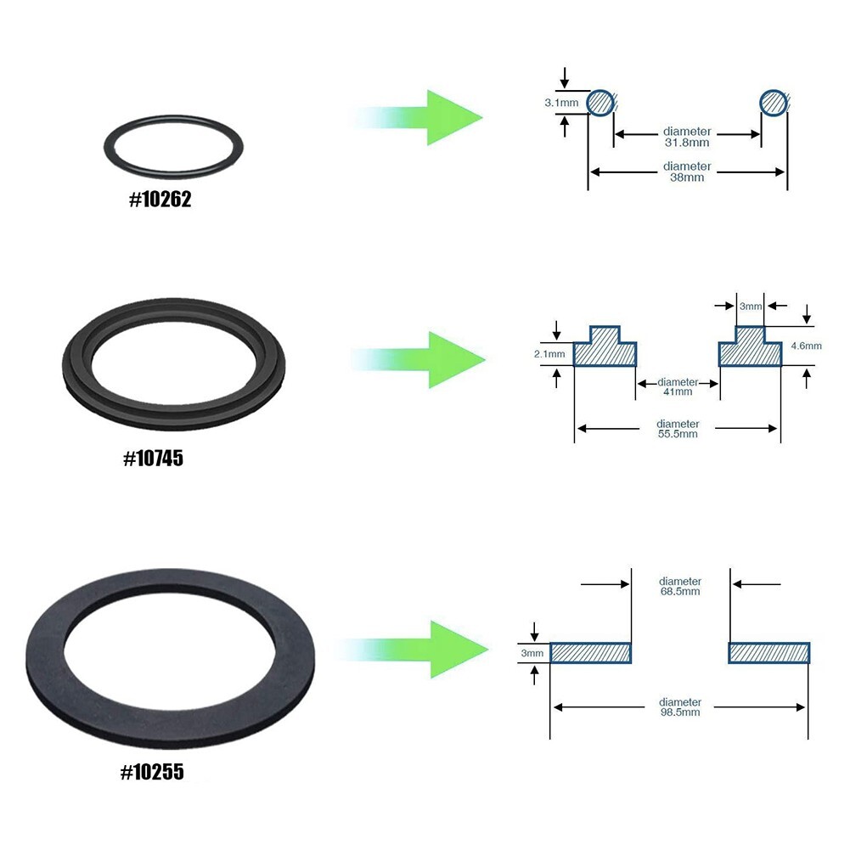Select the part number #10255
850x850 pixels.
tap(152, 773)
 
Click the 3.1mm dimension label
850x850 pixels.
tap(561, 103)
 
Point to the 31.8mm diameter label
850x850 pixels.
tap(687, 138)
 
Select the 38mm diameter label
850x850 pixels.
tap(687, 172)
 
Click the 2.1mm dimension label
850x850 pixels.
tap(550, 353)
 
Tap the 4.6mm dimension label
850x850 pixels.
tap(806, 346)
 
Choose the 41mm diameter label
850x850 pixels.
tap(678, 386)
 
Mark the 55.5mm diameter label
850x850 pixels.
tap(678, 429)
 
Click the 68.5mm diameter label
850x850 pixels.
tap(680, 586)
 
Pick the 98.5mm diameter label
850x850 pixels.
tap(680, 707)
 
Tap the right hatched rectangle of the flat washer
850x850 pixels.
tap(768, 652)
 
